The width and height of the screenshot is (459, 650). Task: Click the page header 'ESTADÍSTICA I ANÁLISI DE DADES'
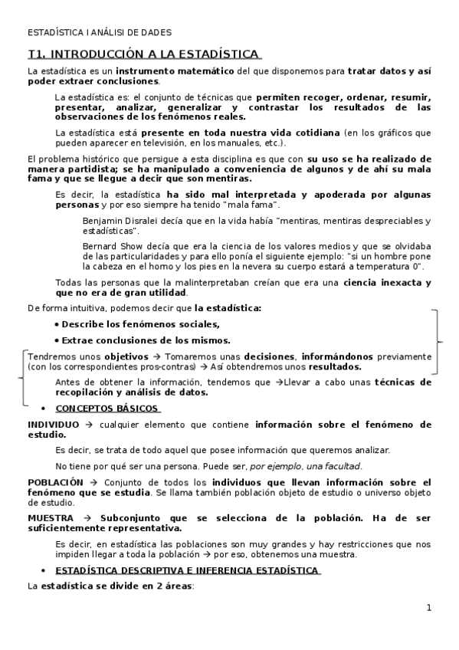pos(100,32)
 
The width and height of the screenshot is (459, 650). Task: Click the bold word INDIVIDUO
pos(53,424)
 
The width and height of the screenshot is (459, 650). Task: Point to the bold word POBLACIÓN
pos(55,482)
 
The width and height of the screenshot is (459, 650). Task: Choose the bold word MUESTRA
pos(52,517)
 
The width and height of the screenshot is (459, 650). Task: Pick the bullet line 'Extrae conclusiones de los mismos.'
pos(146,340)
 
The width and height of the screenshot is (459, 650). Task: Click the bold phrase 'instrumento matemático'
pos(181,71)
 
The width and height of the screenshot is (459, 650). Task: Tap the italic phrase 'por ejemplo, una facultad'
pos(306,466)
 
